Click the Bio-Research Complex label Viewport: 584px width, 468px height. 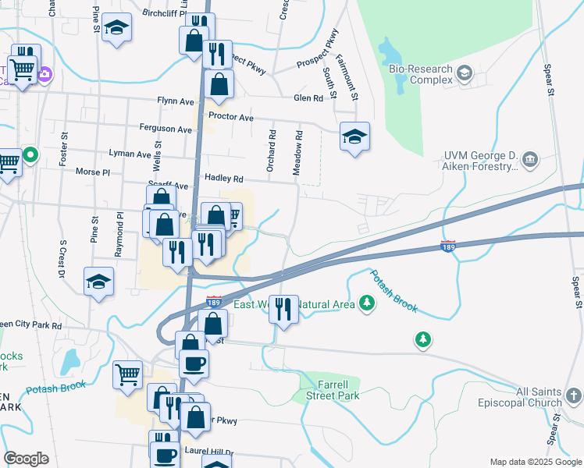pos(421,74)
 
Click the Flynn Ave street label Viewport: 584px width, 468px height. pos(175,101)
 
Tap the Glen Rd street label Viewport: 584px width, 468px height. pos(308,98)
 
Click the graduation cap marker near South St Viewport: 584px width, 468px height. pos(354,137)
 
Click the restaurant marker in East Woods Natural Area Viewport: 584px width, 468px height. pos(283,308)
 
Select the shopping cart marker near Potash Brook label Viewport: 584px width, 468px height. pos(127,374)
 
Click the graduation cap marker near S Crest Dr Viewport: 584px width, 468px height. pos(98,281)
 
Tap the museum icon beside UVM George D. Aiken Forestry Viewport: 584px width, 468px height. pos(530,160)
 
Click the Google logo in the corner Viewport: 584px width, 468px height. pos(26,459)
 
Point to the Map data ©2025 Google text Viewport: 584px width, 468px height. pos(535,462)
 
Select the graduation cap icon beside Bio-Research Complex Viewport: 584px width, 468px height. pos(465,74)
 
